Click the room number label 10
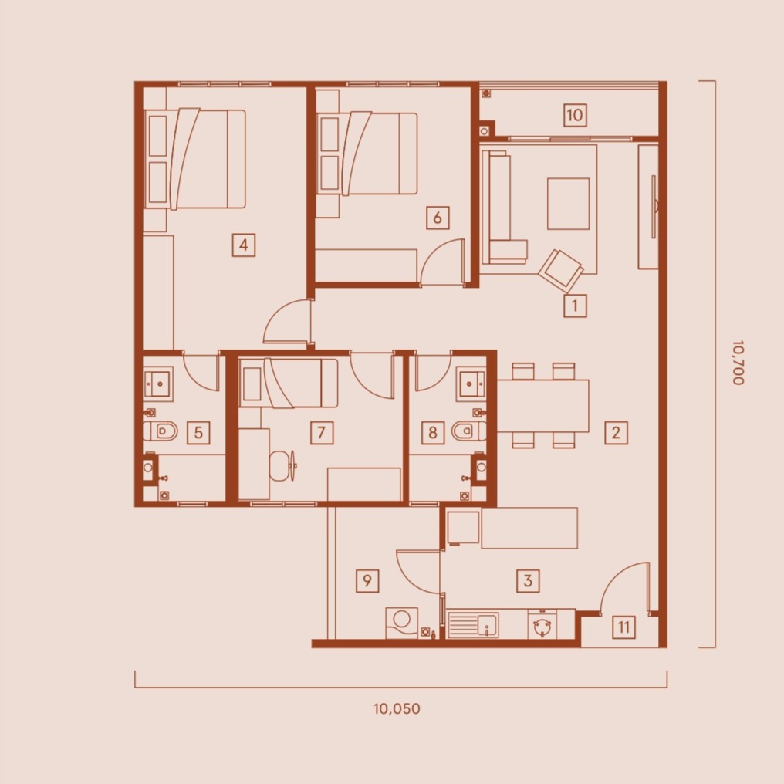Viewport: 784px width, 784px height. [575, 115]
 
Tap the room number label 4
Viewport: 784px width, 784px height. [244, 245]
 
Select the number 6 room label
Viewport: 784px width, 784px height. [438, 218]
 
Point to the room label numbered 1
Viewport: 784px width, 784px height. [575, 305]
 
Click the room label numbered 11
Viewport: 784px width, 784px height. [623, 627]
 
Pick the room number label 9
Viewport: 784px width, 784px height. [367, 580]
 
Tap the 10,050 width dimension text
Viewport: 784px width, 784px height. [397, 708]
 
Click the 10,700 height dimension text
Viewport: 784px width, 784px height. [738, 363]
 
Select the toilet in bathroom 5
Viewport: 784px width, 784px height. [161, 431]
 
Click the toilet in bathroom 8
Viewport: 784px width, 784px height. [468, 431]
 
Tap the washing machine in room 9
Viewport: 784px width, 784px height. [401, 623]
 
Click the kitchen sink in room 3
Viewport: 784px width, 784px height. [473, 625]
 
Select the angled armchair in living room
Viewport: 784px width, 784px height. [561, 271]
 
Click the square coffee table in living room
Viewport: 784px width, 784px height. [569, 204]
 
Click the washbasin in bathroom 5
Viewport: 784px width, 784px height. [158, 384]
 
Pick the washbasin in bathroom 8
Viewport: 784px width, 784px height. [471, 384]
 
